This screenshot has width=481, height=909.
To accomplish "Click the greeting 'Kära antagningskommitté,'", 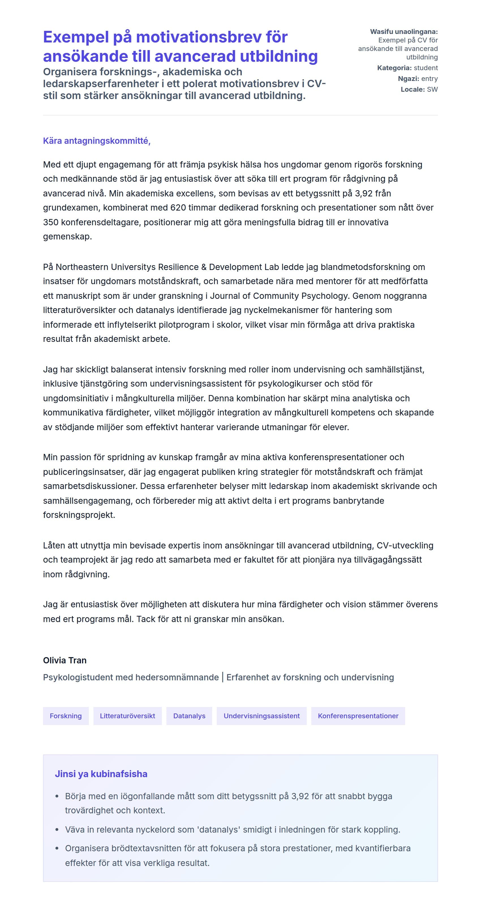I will pyautogui.click(x=97, y=141).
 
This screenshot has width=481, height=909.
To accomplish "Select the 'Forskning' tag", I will pyautogui.click(x=66, y=716).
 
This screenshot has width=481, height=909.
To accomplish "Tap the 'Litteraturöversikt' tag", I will pyautogui.click(x=127, y=716).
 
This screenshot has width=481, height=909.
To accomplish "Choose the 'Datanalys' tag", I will pyautogui.click(x=189, y=716).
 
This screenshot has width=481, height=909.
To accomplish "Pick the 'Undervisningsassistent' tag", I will pyautogui.click(x=261, y=716).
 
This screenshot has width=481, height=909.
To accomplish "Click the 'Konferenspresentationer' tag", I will pyautogui.click(x=358, y=716).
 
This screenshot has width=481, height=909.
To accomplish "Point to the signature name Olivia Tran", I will pyautogui.click(x=65, y=660).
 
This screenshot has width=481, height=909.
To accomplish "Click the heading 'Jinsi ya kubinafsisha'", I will pyautogui.click(x=101, y=774).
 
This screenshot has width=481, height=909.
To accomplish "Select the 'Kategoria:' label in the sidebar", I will pyautogui.click(x=394, y=68).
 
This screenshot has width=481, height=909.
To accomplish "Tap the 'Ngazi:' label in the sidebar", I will pyautogui.click(x=408, y=79).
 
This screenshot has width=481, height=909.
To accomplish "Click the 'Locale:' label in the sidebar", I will pyautogui.click(x=413, y=89).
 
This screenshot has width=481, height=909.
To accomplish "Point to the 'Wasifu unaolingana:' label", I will pyautogui.click(x=404, y=32).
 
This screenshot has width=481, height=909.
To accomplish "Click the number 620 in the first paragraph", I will pyautogui.click(x=178, y=207).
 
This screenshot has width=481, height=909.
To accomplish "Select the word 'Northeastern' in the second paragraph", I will pyautogui.click(x=82, y=267).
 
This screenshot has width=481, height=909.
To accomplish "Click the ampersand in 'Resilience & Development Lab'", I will pyautogui.click(x=204, y=267).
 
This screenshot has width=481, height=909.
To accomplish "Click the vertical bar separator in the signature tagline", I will pyautogui.click(x=223, y=677).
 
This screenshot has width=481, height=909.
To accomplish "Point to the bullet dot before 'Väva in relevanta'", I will pyautogui.click(x=57, y=829).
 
